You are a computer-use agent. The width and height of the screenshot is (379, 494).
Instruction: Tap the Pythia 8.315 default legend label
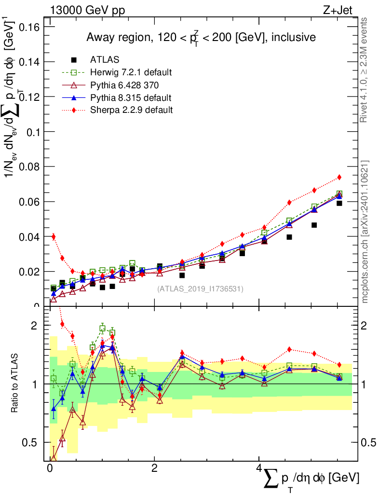(131, 97)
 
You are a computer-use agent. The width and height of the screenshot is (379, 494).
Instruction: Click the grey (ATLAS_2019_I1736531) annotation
(200, 289)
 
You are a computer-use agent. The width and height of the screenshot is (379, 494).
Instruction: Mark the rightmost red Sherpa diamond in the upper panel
(339, 177)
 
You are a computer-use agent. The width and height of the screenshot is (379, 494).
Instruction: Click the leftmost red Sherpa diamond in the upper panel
(54, 236)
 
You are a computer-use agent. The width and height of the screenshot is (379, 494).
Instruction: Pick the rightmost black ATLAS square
(339, 203)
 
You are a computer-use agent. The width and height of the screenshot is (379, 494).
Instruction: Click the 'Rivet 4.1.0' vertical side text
(365, 70)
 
